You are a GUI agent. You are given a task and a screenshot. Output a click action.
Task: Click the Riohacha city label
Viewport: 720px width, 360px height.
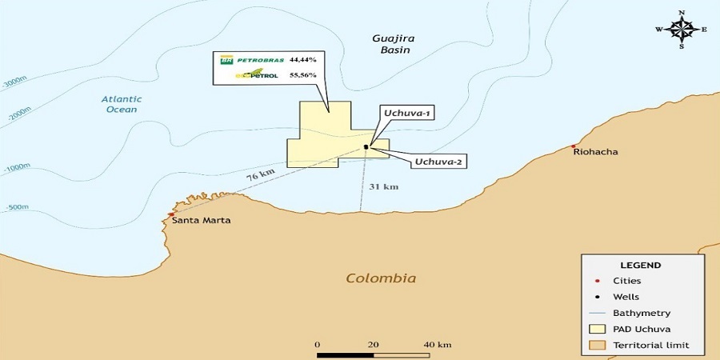(x=596, y=151)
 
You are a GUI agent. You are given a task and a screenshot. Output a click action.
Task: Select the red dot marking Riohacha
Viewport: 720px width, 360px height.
(x=574, y=146)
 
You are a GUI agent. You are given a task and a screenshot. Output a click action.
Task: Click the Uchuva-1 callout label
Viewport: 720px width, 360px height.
(x=406, y=114)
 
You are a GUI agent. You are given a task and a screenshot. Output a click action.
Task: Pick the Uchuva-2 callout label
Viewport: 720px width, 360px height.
(x=439, y=162)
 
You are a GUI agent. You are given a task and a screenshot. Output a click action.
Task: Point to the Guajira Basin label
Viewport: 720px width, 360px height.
(x=391, y=43)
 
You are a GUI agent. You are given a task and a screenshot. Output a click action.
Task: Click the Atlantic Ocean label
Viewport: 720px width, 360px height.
(x=122, y=104)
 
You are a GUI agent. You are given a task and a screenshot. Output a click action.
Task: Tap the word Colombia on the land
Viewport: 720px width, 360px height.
(x=381, y=278)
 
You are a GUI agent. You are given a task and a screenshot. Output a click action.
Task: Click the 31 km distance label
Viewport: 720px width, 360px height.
(x=384, y=186)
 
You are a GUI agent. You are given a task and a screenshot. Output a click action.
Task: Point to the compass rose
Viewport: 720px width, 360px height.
(x=682, y=30)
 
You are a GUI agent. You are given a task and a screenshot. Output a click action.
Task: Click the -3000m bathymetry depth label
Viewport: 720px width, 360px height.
(x=14, y=82)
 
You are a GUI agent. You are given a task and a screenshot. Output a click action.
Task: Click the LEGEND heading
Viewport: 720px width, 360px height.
(x=641, y=265)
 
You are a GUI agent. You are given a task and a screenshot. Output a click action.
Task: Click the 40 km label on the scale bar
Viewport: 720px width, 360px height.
(x=438, y=345)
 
